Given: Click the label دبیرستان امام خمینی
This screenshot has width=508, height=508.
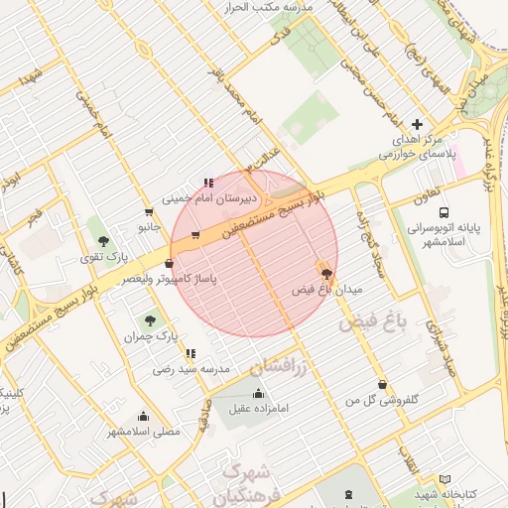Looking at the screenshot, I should (x=189, y=198).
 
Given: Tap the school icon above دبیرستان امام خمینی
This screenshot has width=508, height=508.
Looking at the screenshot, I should (x=207, y=183).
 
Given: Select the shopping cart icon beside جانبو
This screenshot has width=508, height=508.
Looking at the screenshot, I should (x=149, y=211).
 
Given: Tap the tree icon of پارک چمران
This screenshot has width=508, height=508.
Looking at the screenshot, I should (x=150, y=320).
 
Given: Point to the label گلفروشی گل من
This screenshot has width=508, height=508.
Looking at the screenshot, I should (x=381, y=400).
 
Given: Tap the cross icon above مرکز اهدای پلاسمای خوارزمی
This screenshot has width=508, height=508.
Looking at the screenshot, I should (x=417, y=125).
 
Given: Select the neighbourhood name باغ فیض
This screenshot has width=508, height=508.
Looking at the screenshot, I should (x=373, y=323).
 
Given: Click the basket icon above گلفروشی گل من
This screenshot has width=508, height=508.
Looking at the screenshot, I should (x=381, y=385).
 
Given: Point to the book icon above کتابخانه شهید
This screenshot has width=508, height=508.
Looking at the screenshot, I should (x=444, y=479).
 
